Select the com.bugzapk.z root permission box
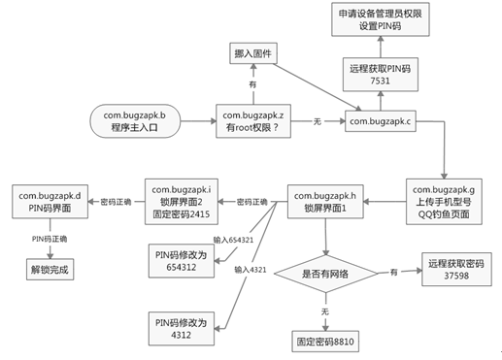254,121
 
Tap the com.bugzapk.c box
381,121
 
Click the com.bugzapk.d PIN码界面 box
50,201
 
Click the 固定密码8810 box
326,342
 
